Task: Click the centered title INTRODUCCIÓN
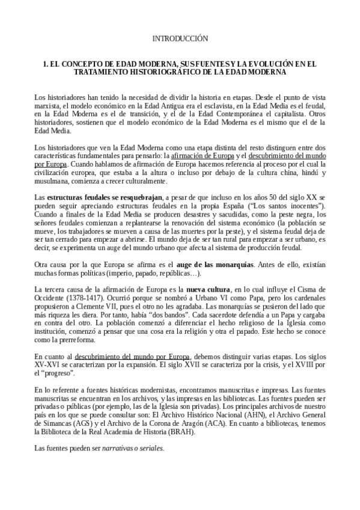(x=180, y=38)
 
